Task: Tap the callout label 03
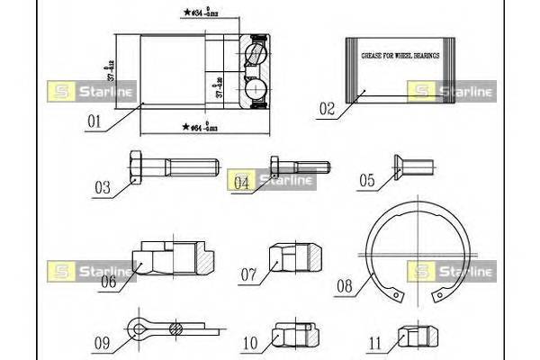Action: [103, 188]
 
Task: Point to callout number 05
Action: [366, 181]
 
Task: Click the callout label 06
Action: [108, 281]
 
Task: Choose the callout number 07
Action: [249, 273]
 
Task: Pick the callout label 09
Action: [102, 342]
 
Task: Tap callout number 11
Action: [377, 343]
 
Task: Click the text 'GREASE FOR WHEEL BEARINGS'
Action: [400, 56]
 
